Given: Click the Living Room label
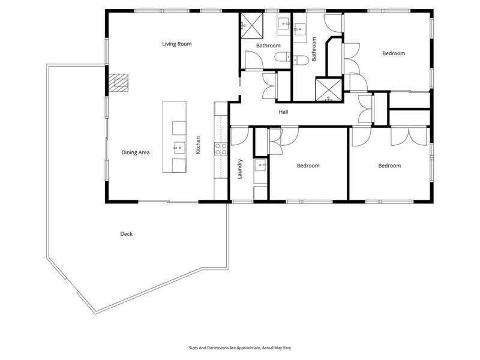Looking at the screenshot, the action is tap(177, 44).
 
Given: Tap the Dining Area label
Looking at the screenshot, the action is tap(136, 152).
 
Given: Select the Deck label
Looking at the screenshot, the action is tap(127, 234).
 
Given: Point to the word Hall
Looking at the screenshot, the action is tap(283, 112).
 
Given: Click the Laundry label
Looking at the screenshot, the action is tap(239, 169).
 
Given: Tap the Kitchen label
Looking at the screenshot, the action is tap(198, 145).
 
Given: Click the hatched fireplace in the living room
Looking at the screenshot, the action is tap(119, 83).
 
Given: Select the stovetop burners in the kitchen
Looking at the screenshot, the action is tap(221, 148).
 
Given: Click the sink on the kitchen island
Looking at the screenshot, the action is tap(179, 148).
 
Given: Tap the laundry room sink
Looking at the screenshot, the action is tap(260, 166).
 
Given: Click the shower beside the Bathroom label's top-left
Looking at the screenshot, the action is tap(252, 25).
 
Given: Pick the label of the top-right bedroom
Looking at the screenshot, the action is tap(394, 53).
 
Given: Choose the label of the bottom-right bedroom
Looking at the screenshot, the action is tap(389, 166).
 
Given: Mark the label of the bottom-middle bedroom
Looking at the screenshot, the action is tap(308, 166).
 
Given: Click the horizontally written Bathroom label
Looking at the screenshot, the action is tap(268, 46).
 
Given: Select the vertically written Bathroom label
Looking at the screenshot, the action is tap(314, 49).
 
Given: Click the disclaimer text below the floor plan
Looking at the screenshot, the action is tap(240, 348).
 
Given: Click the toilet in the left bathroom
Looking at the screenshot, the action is tap(283, 57).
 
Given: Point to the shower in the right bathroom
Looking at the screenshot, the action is tap(328, 89).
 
